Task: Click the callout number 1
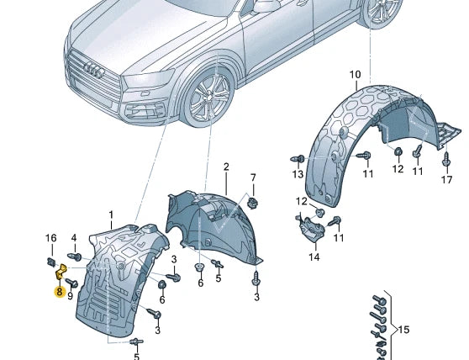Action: (x=109, y=217)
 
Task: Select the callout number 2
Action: (x=226, y=167)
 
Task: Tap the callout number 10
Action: (x=355, y=75)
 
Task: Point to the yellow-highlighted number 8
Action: (x=59, y=293)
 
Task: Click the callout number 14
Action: (x=314, y=257)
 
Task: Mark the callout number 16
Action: (x=50, y=238)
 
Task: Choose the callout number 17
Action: (x=447, y=180)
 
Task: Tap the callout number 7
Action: (x=252, y=177)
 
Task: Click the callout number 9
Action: (x=70, y=295)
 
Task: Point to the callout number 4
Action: (x=73, y=238)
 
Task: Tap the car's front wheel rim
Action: (x=207, y=100)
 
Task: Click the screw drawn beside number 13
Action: (x=298, y=158)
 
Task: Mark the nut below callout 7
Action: (x=252, y=202)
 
